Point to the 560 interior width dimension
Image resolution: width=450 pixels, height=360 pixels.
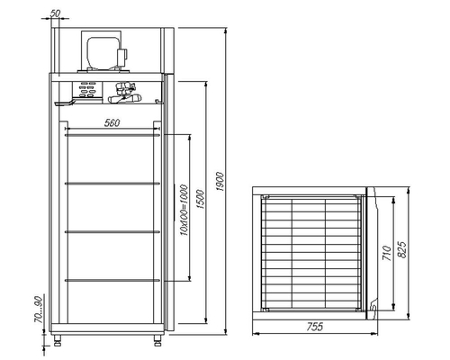(x=112, y=122)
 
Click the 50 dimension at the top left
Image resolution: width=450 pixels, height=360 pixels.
(x=56, y=13)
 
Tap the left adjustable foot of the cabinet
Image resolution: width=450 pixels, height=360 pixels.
(x=61, y=340)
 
